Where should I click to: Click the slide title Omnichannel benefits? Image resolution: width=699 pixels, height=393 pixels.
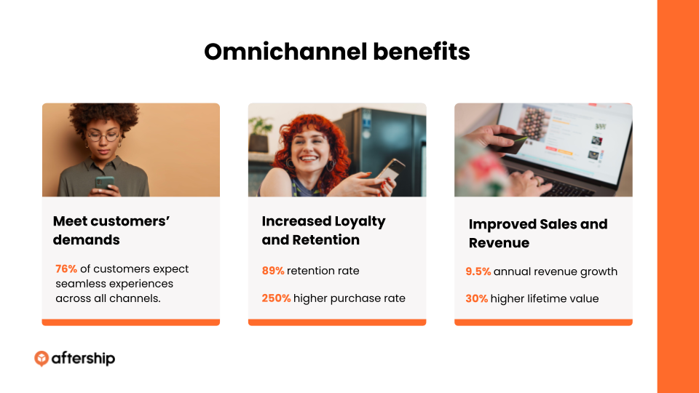tap(337, 52)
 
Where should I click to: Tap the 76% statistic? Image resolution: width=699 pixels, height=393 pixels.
tap(66, 269)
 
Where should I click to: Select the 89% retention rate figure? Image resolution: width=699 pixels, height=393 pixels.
tap(273, 271)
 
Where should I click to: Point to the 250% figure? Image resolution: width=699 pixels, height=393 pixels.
tap(276, 298)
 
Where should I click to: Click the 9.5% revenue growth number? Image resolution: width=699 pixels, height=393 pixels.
tap(478, 271)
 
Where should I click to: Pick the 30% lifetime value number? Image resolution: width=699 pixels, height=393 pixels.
tap(476, 298)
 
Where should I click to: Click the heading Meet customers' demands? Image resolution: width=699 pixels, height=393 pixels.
tap(111, 231)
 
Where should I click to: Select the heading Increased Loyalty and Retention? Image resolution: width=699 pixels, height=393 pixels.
tap(323, 231)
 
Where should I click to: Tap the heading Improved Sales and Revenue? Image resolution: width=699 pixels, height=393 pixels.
tap(537, 233)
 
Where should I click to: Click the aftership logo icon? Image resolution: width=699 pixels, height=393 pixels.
tap(42, 358)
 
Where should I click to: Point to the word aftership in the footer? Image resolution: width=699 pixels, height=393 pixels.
tap(83, 358)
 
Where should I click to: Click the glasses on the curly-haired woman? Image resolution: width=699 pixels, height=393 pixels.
tap(103, 136)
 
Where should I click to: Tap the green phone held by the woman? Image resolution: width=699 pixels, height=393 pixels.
tap(104, 183)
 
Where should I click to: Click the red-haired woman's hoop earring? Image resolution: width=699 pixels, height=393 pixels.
tap(331, 165)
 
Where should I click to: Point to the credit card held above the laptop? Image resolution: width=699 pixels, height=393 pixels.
tap(510, 142)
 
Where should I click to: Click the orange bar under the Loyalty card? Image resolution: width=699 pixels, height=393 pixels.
tap(337, 322)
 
